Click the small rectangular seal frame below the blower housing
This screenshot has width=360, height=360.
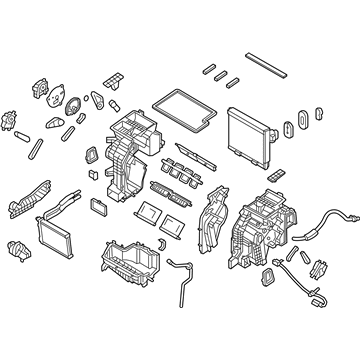click(x=274, y=276)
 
